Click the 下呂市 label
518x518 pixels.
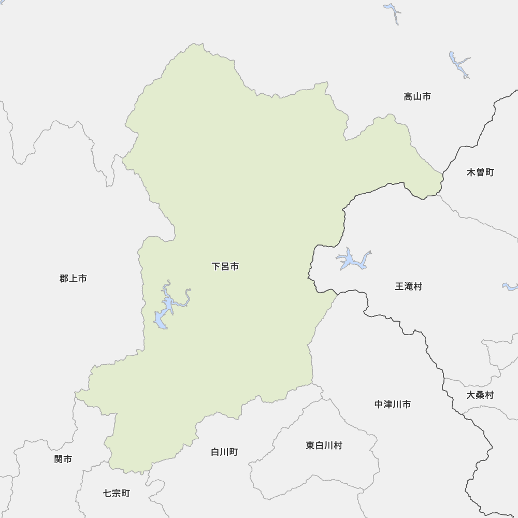point(225,267)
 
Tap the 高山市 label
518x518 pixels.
point(417,96)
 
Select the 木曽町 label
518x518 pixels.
point(480,172)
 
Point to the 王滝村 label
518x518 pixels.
point(409,286)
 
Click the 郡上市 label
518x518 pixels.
point(73,279)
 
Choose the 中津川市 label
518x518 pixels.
point(393,404)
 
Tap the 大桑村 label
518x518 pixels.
point(480,395)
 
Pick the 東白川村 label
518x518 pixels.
point(324,445)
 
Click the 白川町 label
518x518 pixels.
point(224,452)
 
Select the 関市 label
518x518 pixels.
point(63,459)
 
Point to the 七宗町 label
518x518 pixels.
point(116,493)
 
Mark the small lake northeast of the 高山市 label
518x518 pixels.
point(459,65)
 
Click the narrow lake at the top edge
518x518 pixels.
point(393,12)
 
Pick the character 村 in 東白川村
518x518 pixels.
point(338,445)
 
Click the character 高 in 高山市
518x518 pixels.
point(408,96)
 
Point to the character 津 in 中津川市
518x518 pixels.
point(388,404)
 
